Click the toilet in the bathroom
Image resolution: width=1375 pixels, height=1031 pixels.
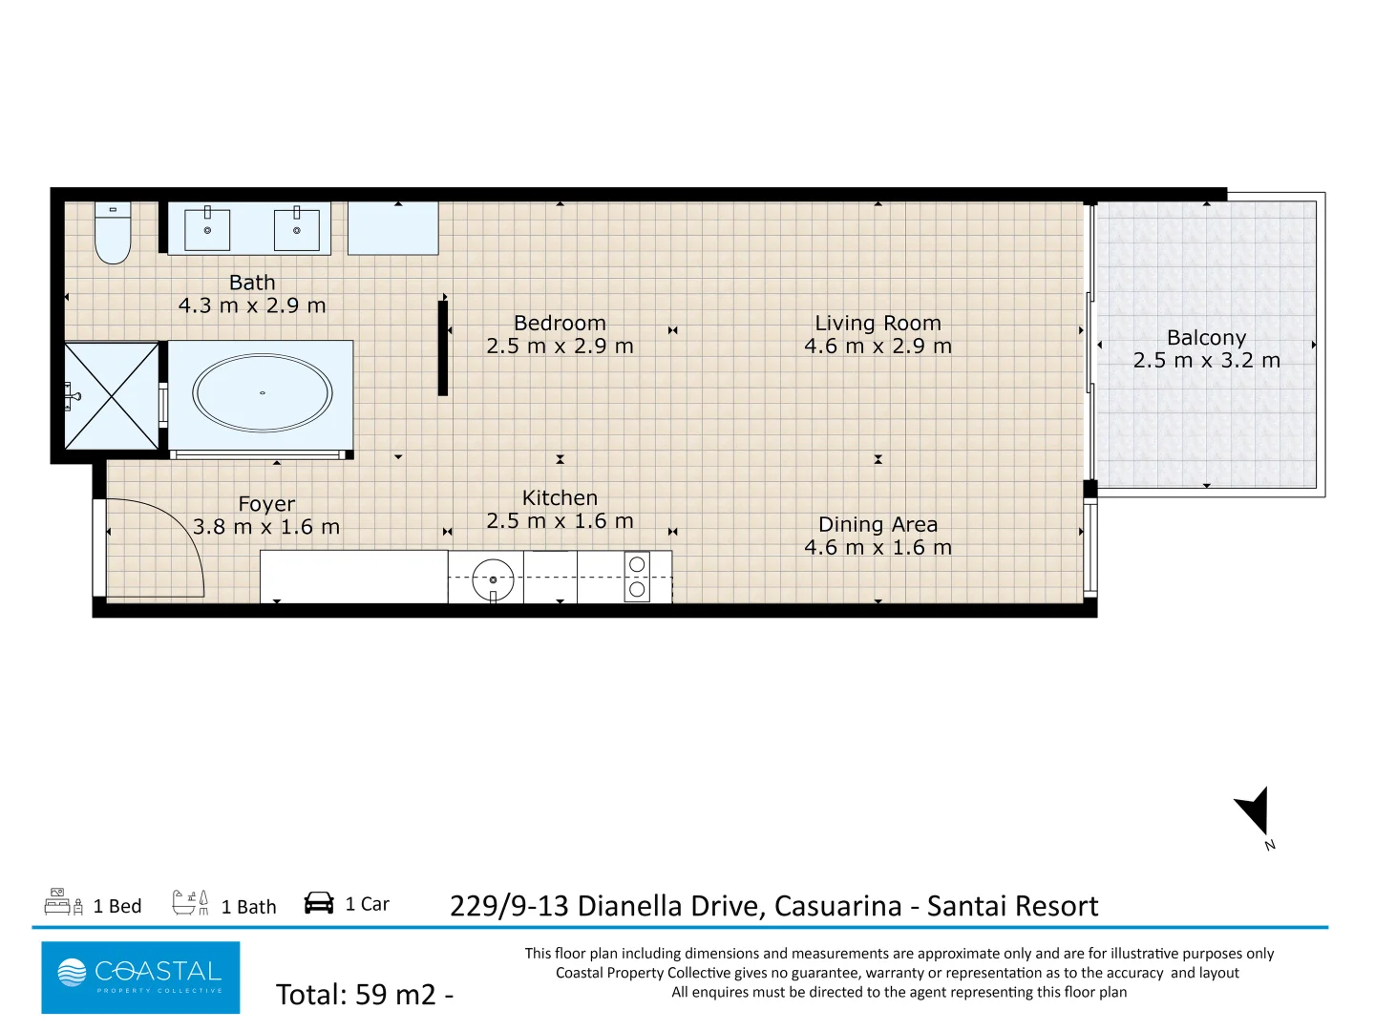pos(113,235)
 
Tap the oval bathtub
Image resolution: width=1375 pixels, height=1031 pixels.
pos(263,393)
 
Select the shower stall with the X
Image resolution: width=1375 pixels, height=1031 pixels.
pos(112,395)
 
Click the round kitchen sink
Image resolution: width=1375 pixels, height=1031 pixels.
pos(493,579)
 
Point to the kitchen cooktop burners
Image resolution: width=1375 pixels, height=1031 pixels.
pos(637,578)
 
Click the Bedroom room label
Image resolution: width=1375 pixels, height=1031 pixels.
pos(560,324)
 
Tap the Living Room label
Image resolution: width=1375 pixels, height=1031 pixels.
pos(878,324)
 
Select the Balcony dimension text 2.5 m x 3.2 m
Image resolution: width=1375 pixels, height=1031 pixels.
pos(1206,361)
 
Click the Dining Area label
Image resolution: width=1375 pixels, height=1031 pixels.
pos(878,524)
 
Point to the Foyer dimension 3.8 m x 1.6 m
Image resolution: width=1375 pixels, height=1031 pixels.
pos(266,527)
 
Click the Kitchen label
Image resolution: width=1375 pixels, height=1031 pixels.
pos(560,497)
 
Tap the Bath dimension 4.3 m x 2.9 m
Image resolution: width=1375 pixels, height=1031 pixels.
pos(252,305)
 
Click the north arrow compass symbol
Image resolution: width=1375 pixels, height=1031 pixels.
pos(1254,811)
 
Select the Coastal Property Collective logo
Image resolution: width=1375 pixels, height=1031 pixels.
pos(140,977)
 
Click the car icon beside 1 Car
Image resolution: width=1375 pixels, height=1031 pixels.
pos(319,903)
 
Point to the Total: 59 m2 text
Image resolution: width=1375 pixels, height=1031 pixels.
pos(364,995)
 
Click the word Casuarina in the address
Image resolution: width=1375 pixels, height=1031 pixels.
pos(837,906)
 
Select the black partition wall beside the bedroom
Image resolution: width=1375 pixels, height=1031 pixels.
pos(443,347)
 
